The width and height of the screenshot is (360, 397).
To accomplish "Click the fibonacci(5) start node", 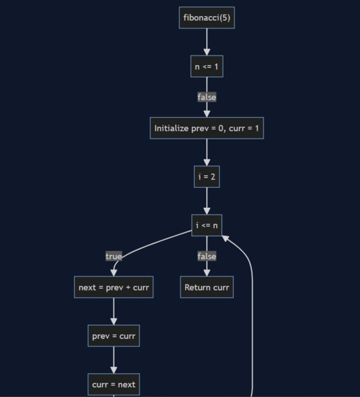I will (207, 17).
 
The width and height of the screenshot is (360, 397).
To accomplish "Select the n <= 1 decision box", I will (207, 67).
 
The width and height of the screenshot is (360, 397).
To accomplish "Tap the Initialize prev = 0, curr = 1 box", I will (207, 128).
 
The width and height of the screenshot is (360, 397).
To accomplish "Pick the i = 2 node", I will (207, 177).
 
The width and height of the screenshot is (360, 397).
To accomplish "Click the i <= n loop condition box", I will (207, 225).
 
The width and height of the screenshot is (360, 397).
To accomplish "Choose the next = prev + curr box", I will (114, 288).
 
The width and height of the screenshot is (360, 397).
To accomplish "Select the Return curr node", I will (207, 288).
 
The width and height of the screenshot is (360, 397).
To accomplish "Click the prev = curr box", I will (114, 336).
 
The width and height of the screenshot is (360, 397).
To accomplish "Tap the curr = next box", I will (114, 385).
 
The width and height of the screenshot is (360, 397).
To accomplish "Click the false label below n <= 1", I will (207, 97).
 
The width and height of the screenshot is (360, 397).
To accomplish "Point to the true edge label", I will (114, 256).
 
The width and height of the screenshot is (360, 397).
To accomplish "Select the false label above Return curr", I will (207, 256).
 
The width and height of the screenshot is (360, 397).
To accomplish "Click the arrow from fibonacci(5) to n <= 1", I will (207, 42).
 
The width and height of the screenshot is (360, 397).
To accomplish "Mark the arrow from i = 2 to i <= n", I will (207, 201).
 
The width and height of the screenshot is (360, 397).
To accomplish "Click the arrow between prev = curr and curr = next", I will (114, 360).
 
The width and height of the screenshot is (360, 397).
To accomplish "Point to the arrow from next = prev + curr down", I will (114, 312).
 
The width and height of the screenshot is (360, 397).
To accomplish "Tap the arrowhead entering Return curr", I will (207, 273).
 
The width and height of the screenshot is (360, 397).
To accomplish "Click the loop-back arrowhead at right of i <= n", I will (225, 238).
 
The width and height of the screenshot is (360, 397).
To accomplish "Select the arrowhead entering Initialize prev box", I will (207, 114).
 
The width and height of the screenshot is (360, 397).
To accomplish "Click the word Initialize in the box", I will (171, 128).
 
